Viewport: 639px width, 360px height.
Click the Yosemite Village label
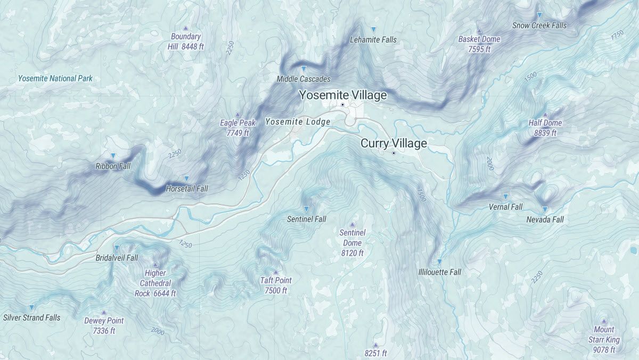coord(342,95)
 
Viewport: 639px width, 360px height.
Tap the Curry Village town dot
coord(394,153)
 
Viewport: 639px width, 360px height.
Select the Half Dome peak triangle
coord(545,114)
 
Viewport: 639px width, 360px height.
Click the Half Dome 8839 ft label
coord(545,128)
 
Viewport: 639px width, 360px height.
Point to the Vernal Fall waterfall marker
coord(505,197)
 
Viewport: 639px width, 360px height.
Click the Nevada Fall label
coord(545,219)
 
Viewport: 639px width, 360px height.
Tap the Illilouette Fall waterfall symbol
coord(439,262)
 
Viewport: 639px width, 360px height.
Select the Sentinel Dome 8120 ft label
coord(352,243)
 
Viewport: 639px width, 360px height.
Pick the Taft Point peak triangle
coord(276,273)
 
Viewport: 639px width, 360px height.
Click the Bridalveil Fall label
coord(117,258)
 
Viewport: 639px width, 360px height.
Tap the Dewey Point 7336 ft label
coord(104,325)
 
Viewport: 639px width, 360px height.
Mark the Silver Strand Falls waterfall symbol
coord(31,308)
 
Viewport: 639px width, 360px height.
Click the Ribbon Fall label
coord(113,166)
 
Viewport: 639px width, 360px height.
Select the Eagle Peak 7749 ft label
coord(237,128)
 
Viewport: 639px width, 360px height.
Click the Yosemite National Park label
coord(55,78)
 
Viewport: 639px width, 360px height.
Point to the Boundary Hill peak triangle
coord(186,28)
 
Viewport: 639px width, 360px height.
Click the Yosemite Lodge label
coord(298,122)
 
